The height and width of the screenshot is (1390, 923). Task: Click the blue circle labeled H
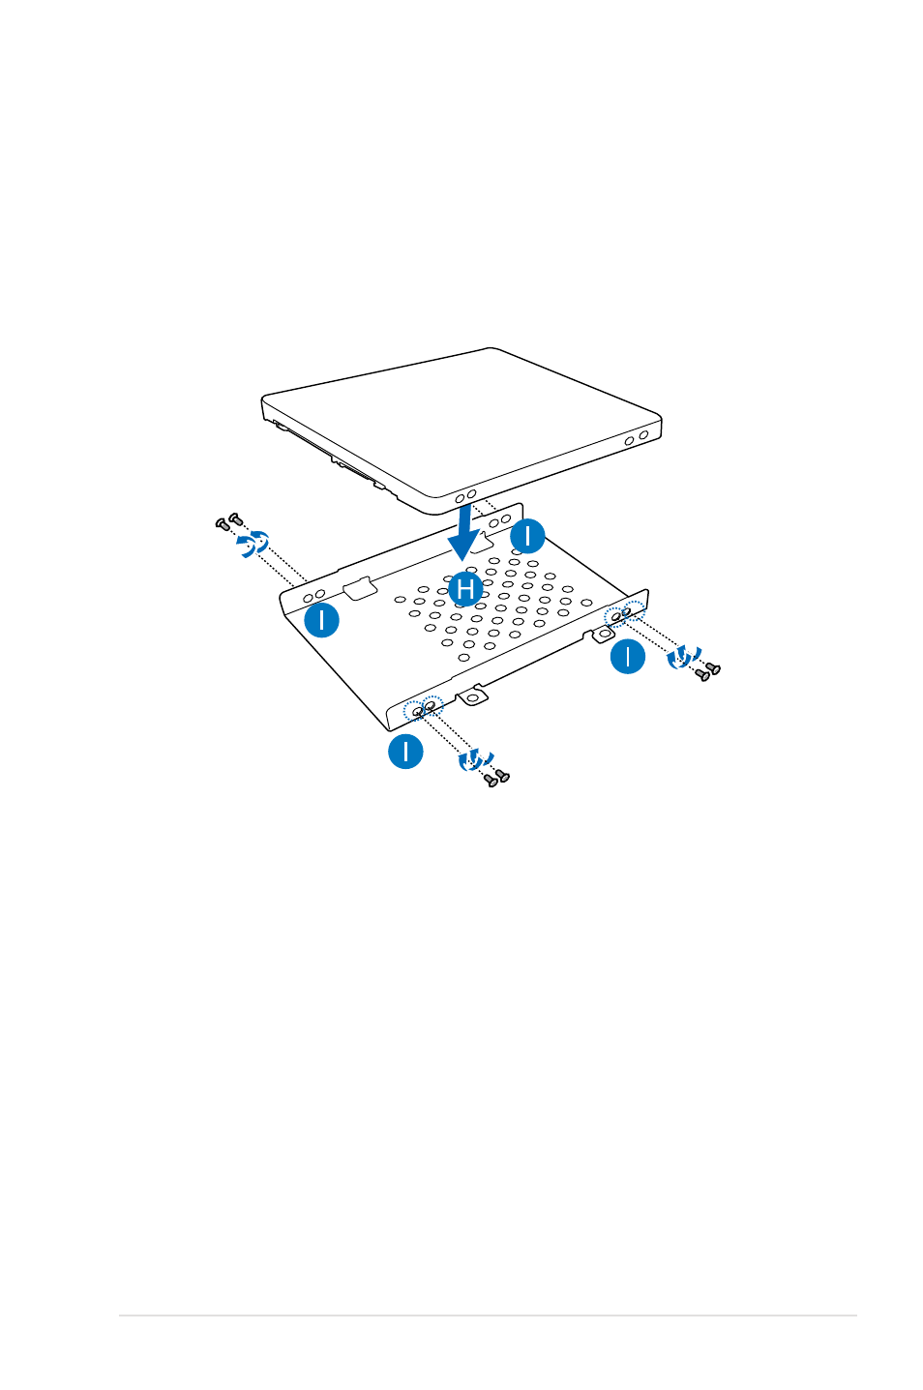coord(465,589)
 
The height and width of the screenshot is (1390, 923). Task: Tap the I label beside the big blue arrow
coord(527,536)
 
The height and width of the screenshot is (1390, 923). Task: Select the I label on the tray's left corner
coord(321,620)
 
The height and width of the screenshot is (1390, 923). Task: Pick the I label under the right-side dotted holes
coord(628,656)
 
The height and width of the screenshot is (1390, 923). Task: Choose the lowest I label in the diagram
coord(405,752)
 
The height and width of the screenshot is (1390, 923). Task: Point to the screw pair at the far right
coord(707,671)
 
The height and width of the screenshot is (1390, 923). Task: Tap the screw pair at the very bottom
coord(496,778)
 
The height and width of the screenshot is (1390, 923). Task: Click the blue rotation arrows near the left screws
coord(253,544)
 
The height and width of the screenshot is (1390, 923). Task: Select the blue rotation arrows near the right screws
coord(683,657)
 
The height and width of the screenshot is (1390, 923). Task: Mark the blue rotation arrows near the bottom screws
coord(475,761)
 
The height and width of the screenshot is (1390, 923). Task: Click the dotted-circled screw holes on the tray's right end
coord(624,613)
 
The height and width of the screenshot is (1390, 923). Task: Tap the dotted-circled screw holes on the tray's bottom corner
coord(423,707)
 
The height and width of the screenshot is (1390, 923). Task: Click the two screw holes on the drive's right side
coord(637,438)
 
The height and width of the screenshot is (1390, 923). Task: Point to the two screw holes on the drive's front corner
coord(465,496)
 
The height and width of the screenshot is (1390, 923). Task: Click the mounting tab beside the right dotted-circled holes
coord(601,635)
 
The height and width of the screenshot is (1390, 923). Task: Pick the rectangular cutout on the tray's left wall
coord(360,588)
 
